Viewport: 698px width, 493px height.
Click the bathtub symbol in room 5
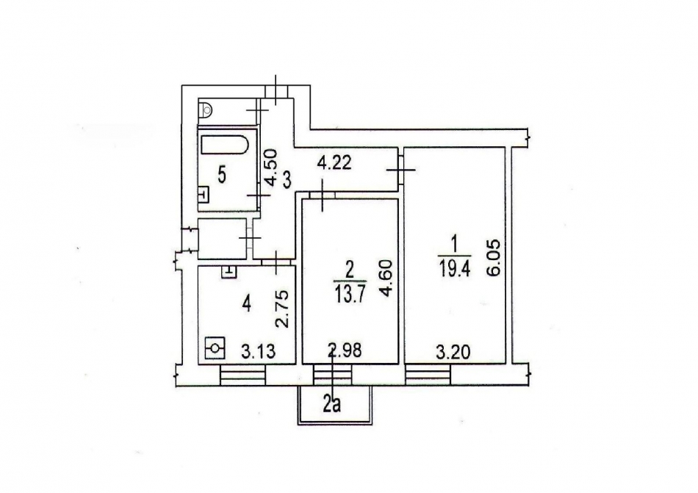coord(227,144)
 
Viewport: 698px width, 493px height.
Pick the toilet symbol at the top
coord(207,109)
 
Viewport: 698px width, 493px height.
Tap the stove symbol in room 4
coord(215,347)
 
